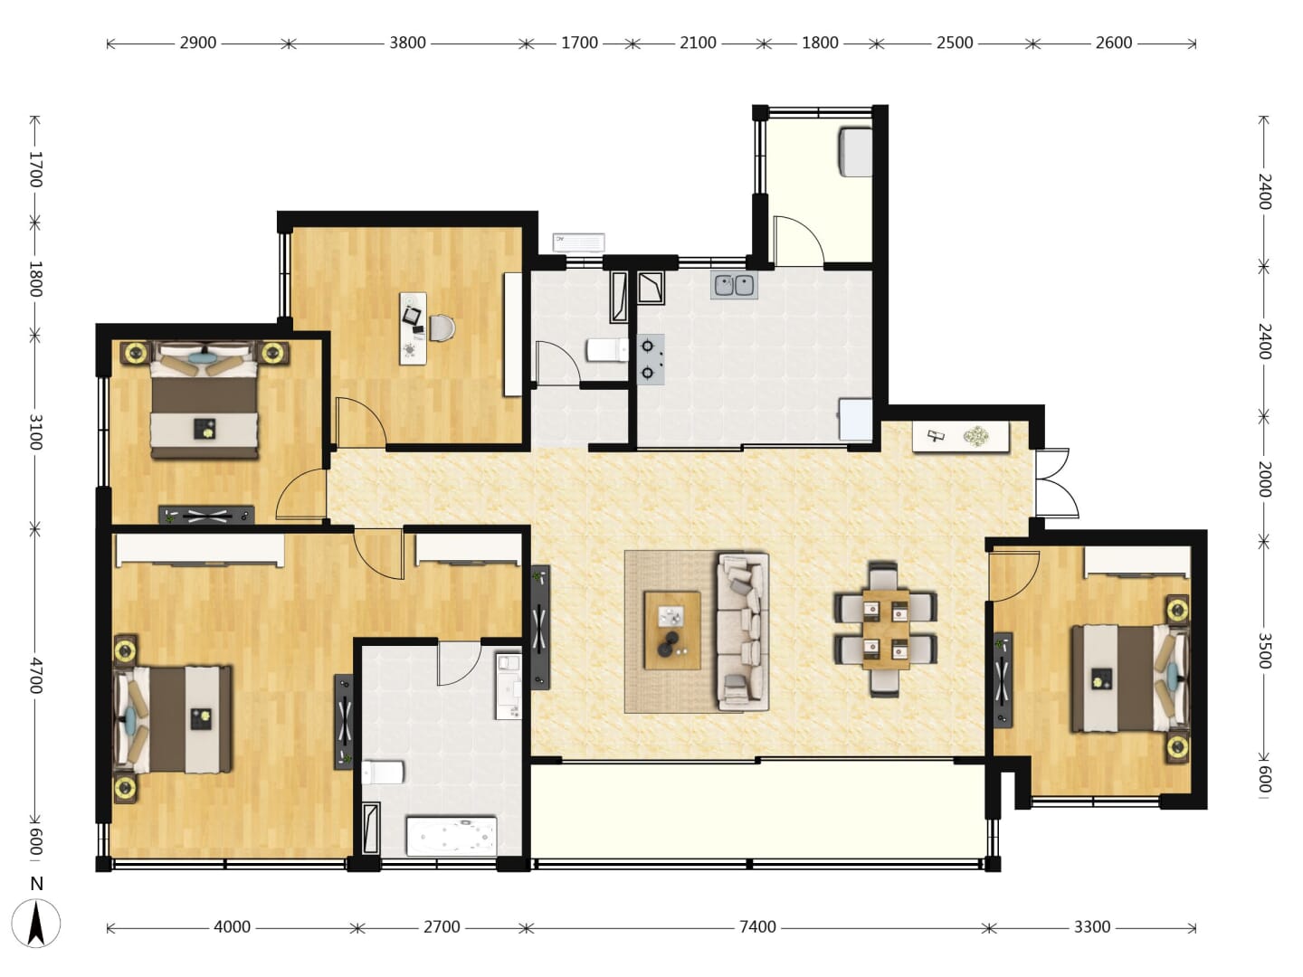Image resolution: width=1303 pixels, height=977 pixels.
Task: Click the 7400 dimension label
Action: click(x=756, y=926)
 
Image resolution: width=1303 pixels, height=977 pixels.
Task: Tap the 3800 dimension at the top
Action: click(x=407, y=43)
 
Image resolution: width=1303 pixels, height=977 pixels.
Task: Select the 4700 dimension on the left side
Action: click(x=35, y=675)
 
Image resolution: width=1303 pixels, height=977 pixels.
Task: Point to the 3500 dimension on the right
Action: click(x=1264, y=650)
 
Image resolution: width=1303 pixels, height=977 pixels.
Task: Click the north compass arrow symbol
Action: click(x=37, y=923)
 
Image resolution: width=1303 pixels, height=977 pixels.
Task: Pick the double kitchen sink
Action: click(x=735, y=286)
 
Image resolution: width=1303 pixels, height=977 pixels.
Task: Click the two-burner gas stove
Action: click(x=651, y=359)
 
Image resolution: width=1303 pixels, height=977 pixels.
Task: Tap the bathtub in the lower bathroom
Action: click(x=452, y=837)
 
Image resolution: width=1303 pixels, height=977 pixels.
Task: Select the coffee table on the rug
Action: click(x=672, y=630)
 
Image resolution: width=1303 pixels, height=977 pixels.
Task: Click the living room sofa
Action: click(x=744, y=631)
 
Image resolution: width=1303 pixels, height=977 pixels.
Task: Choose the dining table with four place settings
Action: click(x=886, y=629)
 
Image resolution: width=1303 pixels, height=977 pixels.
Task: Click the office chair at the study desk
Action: click(x=442, y=328)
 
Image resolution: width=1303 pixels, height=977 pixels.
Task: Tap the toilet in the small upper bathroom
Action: click(x=606, y=350)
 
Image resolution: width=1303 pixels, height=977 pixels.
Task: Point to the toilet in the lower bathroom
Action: click(x=383, y=773)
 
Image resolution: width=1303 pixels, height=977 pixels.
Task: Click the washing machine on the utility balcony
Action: click(x=855, y=152)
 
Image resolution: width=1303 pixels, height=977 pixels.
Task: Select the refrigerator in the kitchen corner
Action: click(x=855, y=419)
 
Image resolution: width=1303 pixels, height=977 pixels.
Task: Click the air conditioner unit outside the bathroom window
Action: click(x=579, y=242)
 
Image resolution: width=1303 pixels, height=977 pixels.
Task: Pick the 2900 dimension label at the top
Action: click(x=197, y=43)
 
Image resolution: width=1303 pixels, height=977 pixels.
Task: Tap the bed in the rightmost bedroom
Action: click(x=1130, y=678)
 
